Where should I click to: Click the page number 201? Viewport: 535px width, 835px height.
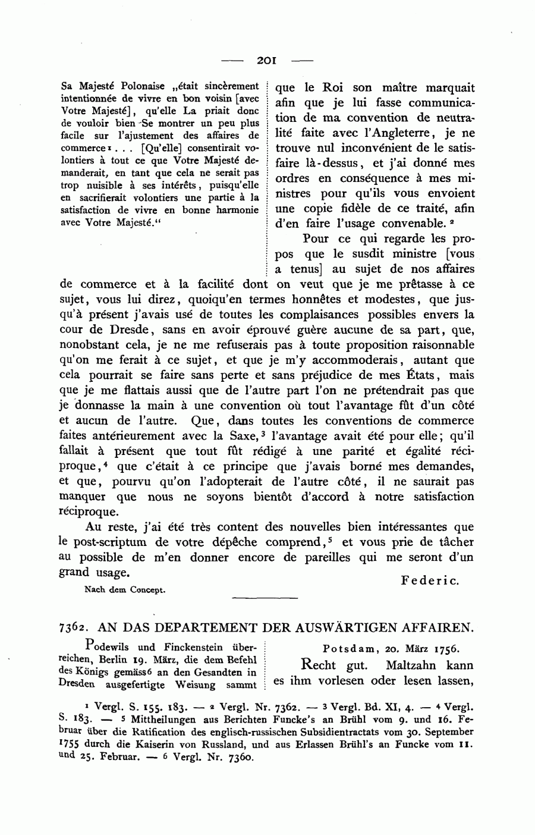pos(266,60)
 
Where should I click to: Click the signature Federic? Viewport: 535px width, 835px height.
pos(430,580)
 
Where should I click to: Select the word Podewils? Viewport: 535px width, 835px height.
pos(109,646)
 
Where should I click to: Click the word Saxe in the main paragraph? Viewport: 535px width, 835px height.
pos(238,436)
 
